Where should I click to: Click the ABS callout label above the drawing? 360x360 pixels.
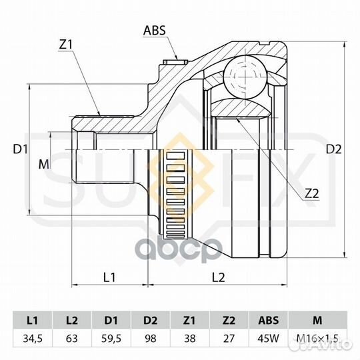tap(154, 30)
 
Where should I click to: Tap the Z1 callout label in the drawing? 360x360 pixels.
tap(65, 45)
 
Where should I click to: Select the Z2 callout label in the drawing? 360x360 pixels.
tap(312, 194)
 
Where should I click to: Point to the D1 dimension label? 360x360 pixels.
tap(21, 149)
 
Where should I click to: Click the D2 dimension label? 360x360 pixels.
tap(334, 149)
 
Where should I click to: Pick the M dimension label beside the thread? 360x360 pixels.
tap(43, 164)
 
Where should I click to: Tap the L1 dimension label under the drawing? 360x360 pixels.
tap(109, 277)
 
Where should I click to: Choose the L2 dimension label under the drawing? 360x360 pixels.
tap(218, 277)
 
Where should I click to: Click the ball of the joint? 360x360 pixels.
tap(245, 77)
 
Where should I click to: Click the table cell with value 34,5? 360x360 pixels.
tap(33, 339)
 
